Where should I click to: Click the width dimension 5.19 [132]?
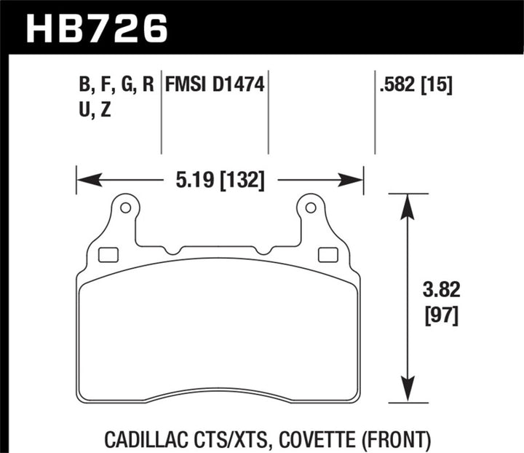(218, 178)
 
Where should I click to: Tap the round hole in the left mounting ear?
(125, 208)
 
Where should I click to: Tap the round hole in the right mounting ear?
(311, 208)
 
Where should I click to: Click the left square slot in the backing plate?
(108, 255)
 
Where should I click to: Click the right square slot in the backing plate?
(328, 255)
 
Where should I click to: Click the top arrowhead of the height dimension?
(408, 204)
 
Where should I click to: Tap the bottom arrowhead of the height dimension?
(408, 391)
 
